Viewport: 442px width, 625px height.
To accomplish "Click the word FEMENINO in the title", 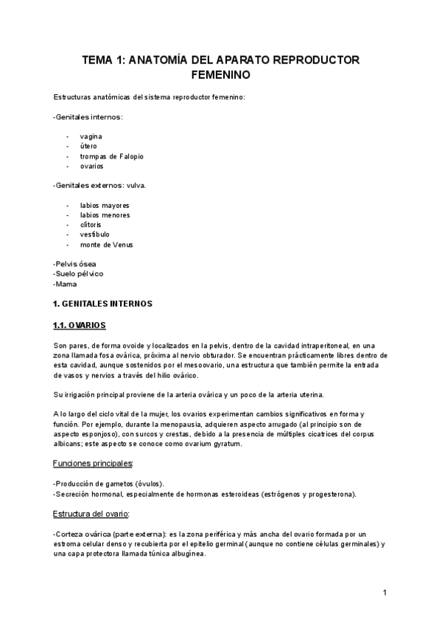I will click(221, 75).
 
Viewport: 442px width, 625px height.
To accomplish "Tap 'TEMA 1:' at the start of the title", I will click(104, 60).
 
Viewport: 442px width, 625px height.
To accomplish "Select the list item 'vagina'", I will click(91, 136).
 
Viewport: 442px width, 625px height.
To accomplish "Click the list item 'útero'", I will click(88, 146).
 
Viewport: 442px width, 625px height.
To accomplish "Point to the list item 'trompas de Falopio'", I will click(111, 156).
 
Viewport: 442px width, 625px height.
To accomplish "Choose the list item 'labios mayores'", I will click(105, 205).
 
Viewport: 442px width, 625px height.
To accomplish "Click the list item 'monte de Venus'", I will click(106, 245).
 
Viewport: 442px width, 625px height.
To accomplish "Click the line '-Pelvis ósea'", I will click(74, 264).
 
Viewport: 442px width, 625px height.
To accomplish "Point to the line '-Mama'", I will click(65, 283).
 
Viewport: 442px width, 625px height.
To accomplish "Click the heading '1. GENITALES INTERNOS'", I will click(102, 303).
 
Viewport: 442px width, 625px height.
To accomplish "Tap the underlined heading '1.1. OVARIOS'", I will click(80, 324).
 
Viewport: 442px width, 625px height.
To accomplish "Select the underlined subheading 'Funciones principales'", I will click(93, 463).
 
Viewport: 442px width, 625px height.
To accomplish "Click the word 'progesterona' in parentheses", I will click(331, 494).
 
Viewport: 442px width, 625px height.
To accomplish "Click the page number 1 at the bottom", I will click(385, 592).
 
